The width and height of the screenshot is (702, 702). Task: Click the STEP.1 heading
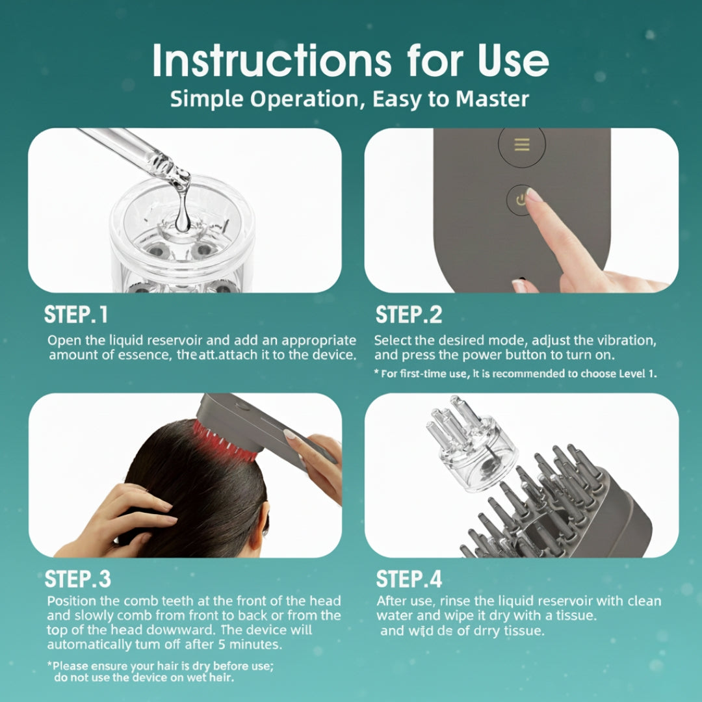click(76, 315)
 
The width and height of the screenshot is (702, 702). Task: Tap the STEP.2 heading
click(409, 315)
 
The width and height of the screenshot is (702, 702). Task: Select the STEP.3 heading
click(78, 579)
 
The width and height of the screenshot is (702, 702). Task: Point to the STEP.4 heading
click(409, 579)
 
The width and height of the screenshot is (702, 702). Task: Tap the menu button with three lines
click(521, 144)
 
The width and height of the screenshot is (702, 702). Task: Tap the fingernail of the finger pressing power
click(533, 194)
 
